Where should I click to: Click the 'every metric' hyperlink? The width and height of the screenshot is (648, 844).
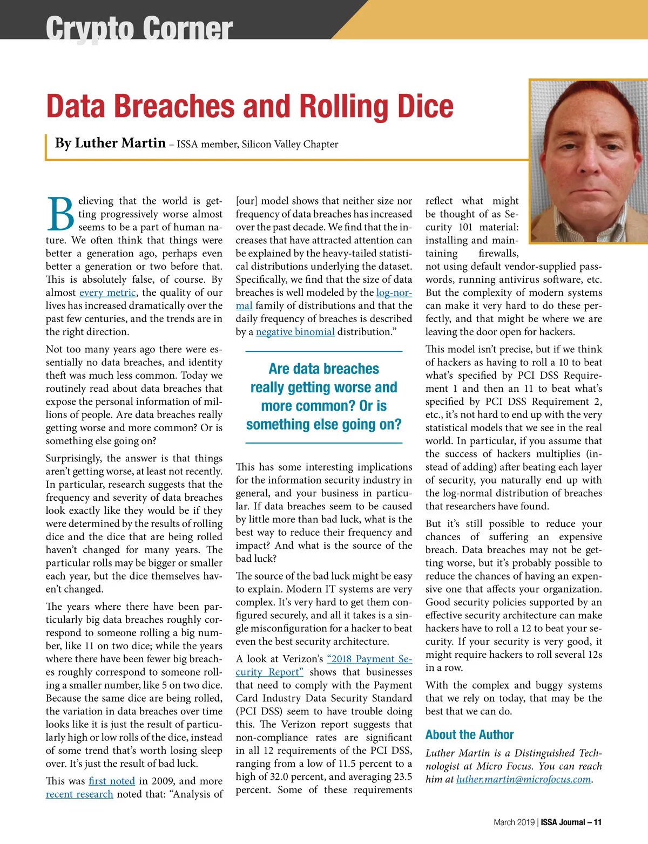click(x=107, y=292)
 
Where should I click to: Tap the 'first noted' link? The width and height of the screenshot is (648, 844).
click(x=112, y=781)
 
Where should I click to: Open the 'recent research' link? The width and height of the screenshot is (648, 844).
click(x=79, y=794)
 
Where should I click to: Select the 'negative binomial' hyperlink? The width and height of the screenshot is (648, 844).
click(x=295, y=332)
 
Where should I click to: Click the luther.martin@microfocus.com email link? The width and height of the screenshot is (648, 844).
click(x=523, y=779)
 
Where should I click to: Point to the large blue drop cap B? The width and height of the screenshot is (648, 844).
click(x=60, y=214)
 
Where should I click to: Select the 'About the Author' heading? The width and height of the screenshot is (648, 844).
click(x=469, y=734)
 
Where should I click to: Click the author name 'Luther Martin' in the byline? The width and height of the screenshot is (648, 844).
click(x=120, y=143)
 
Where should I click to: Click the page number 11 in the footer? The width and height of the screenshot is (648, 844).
click(x=597, y=822)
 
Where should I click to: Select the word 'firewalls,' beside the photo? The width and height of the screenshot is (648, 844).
click(x=498, y=253)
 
